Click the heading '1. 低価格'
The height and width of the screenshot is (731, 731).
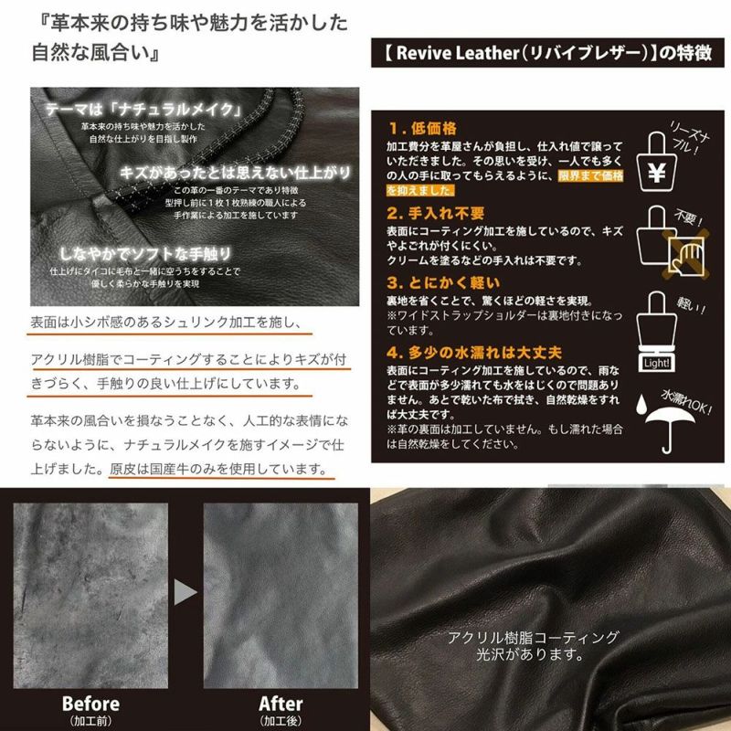[x=422, y=127]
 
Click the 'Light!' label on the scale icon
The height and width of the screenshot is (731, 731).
[x=655, y=363]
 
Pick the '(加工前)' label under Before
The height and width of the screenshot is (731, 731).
[x=90, y=721]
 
